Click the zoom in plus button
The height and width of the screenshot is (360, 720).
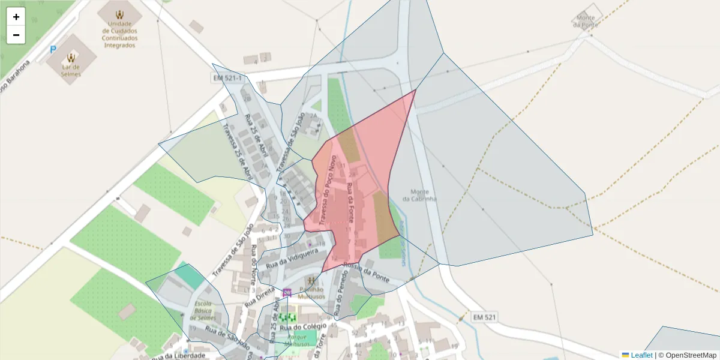coord(16,17)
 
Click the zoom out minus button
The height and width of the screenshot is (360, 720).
coord(16,35)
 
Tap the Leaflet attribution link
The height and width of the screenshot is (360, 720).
coord(641,355)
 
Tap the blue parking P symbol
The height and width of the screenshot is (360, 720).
coord(53,50)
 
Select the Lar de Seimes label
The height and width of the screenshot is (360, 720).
coord(71,70)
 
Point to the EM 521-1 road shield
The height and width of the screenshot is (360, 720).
coord(227,78)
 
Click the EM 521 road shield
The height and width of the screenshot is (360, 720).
coord(484,316)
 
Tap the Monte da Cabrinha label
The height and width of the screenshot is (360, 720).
coord(420,195)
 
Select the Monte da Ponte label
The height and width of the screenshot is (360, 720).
coord(586,21)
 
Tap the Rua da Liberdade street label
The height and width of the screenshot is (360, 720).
coord(178,356)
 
